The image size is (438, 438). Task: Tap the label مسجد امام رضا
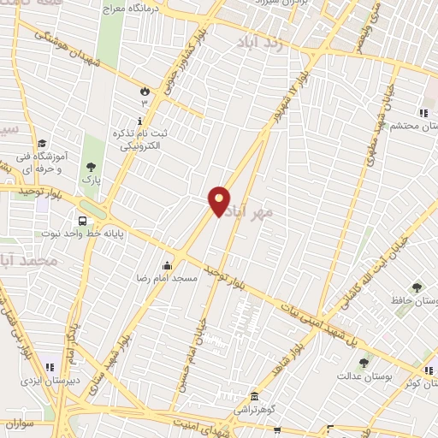point(174,279)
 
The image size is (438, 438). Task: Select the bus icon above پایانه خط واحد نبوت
point(81,219)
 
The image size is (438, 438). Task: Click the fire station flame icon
point(144,90)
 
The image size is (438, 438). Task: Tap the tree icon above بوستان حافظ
point(417,287)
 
